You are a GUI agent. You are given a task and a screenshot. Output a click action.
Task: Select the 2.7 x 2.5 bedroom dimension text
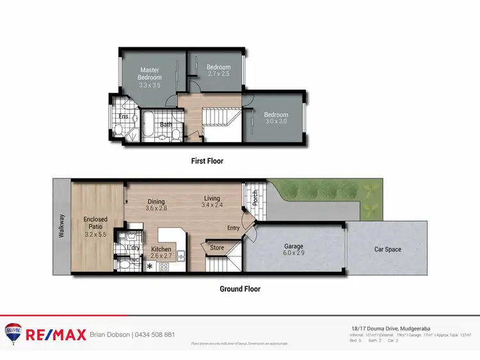pos(218,74)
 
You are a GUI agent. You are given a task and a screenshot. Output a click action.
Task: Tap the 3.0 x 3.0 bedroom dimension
pos(276,121)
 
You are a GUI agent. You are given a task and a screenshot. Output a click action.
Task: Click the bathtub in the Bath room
pos(147,123)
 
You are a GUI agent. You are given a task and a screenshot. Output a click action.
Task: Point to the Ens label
pos(123,116)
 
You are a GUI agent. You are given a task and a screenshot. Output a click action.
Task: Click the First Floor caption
pos(207,161)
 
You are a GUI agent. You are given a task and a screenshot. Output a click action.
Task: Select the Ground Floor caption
pos(240,289)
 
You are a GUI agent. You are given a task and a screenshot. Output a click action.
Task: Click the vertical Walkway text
pos(61,226)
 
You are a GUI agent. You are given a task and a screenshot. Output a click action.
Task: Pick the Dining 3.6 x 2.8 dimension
pos(156,208)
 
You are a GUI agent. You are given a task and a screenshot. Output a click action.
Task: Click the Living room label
pos(212,198)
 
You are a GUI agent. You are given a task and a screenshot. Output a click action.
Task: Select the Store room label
pos(217,248)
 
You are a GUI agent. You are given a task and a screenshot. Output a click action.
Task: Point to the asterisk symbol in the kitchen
pos(150,267)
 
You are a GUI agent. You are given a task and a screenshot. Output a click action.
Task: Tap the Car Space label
pos(388,249)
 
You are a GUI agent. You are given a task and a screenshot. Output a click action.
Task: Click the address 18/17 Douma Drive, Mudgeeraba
pos(387,327)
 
